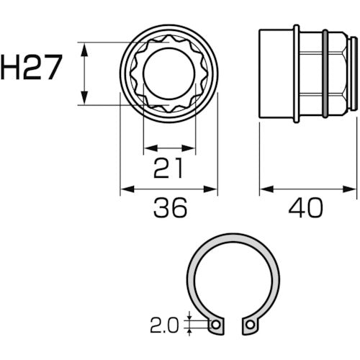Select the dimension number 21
click(168, 169)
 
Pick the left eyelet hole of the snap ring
click(215, 325)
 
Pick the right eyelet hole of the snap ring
click(249, 325)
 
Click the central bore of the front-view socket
click(168, 74)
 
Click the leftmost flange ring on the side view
click(295, 74)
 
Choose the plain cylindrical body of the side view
click(276, 74)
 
